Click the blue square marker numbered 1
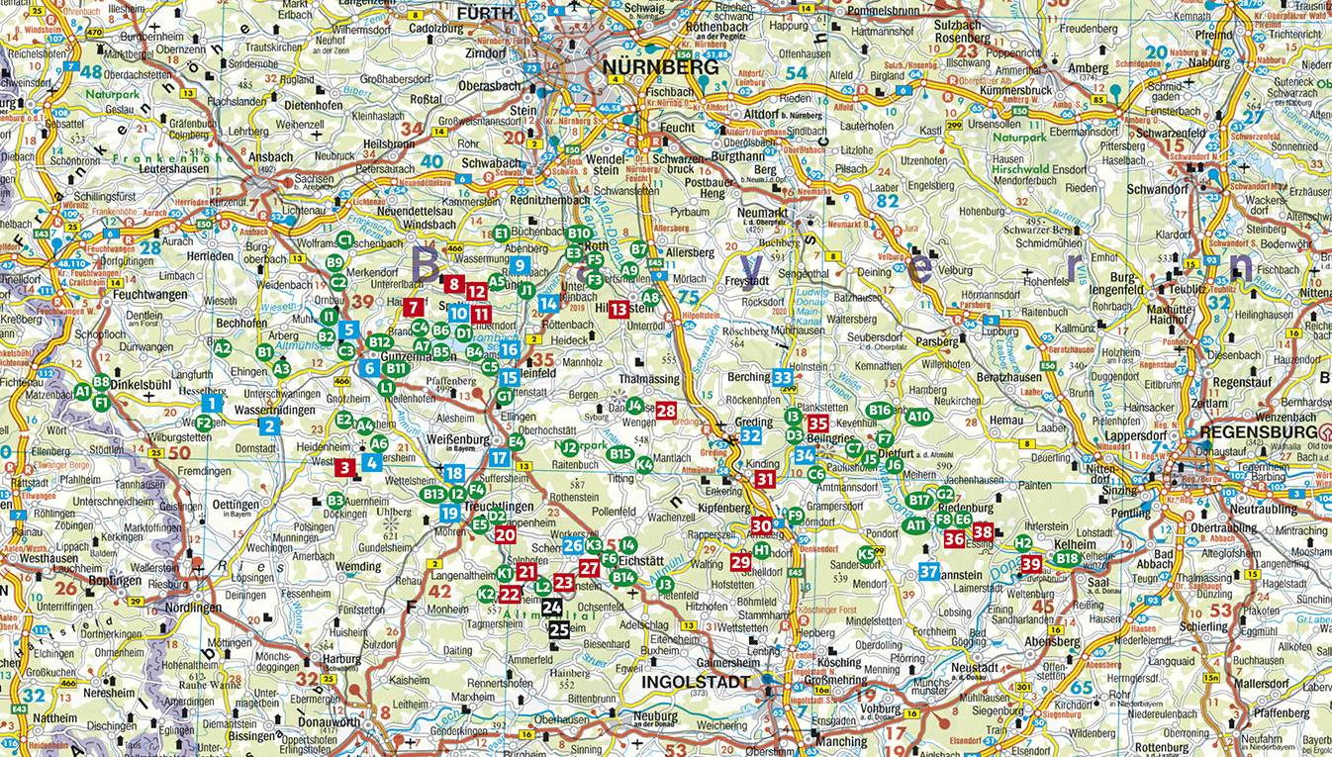[211, 403]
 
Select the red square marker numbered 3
[344, 467]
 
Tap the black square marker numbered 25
[559, 628]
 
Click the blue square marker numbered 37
[928, 571]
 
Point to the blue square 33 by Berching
[783, 377]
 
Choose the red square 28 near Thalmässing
[666, 411]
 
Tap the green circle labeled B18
[1067, 559]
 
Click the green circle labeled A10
[919, 417]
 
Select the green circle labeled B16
[879, 410]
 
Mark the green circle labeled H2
[1023, 542]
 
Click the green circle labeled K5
[868, 553]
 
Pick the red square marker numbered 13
[618, 309]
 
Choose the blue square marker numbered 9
[521, 265]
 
